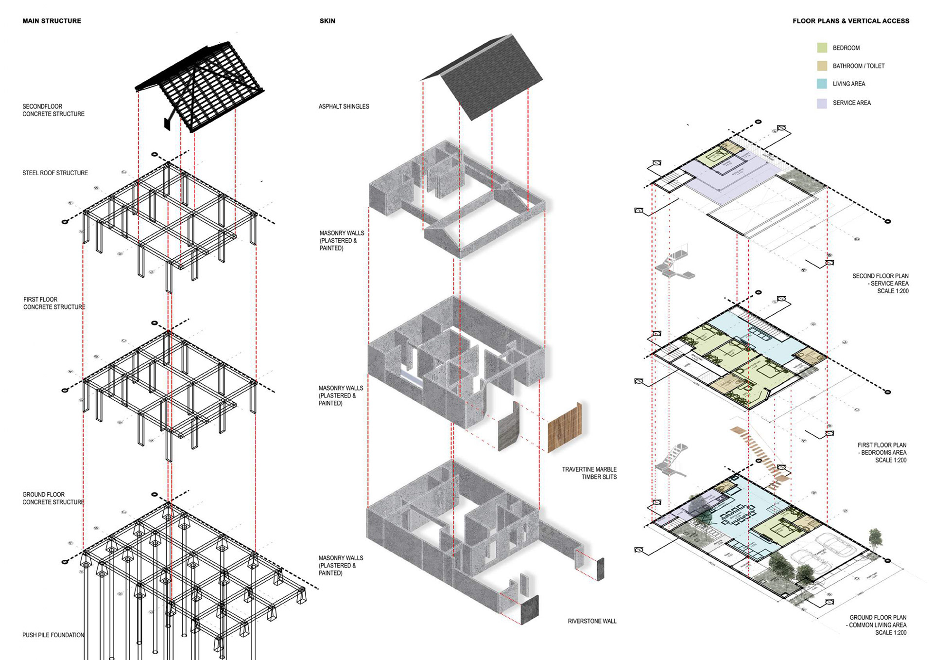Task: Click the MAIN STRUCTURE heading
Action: [x=52, y=21]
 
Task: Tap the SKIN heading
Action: [x=327, y=21]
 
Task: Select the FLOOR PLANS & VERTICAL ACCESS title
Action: [x=850, y=21]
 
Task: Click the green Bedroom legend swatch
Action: [x=822, y=48]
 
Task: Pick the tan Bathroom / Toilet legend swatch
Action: [x=822, y=66]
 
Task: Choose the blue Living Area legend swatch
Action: [x=822, y=84]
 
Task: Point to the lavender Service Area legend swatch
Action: [x=822, y=103]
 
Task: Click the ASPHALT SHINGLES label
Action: [x=344, y=107]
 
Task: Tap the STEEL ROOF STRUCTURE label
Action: [x=55, y=173]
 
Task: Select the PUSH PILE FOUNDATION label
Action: [x=53, y=635]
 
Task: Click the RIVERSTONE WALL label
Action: [x=592, y=621]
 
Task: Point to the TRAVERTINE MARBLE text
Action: [x=589, y=469]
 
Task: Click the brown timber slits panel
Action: [x=565, y=428]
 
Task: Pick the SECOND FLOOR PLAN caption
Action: [x=880, y=276]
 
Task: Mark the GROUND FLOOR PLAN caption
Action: [x=878, y=617]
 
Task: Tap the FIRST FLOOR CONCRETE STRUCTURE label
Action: [x=54, y=303]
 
